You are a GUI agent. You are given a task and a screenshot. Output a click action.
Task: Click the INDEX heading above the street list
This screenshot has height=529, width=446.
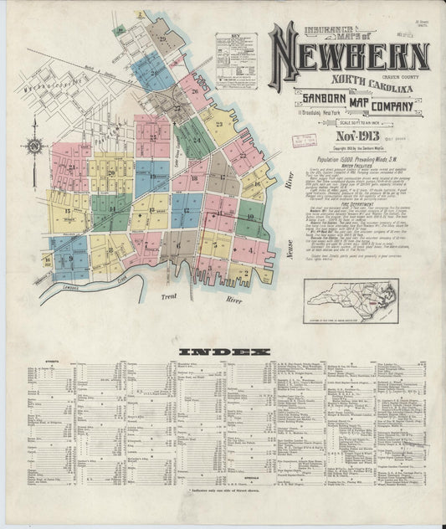(223, 352)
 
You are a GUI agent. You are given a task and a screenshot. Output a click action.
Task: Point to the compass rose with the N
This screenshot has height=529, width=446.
(34, 148)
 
